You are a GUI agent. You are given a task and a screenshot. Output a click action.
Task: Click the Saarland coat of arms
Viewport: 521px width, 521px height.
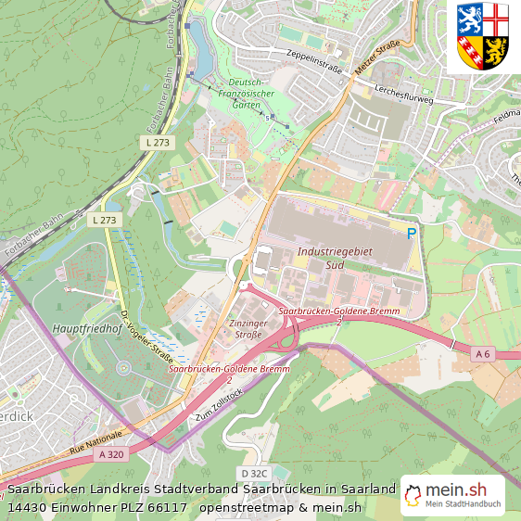pyautogui.click(x=483, y=37)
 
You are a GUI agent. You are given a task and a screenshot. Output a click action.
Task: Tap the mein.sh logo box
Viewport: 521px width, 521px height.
pyautogui.click(x=451, y=496)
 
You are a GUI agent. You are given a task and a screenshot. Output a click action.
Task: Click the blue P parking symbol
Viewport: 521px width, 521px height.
pyautogui.click(x=412, y=235)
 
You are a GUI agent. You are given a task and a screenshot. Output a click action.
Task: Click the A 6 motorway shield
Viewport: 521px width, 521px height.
pyautogui.click(x=482, y=353)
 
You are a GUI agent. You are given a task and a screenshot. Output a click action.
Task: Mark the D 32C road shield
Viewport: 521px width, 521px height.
pyautogui.click(x=253, y=474)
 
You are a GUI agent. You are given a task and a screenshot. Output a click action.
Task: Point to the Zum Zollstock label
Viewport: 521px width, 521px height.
pyautogui.click(x=218, y=406)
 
